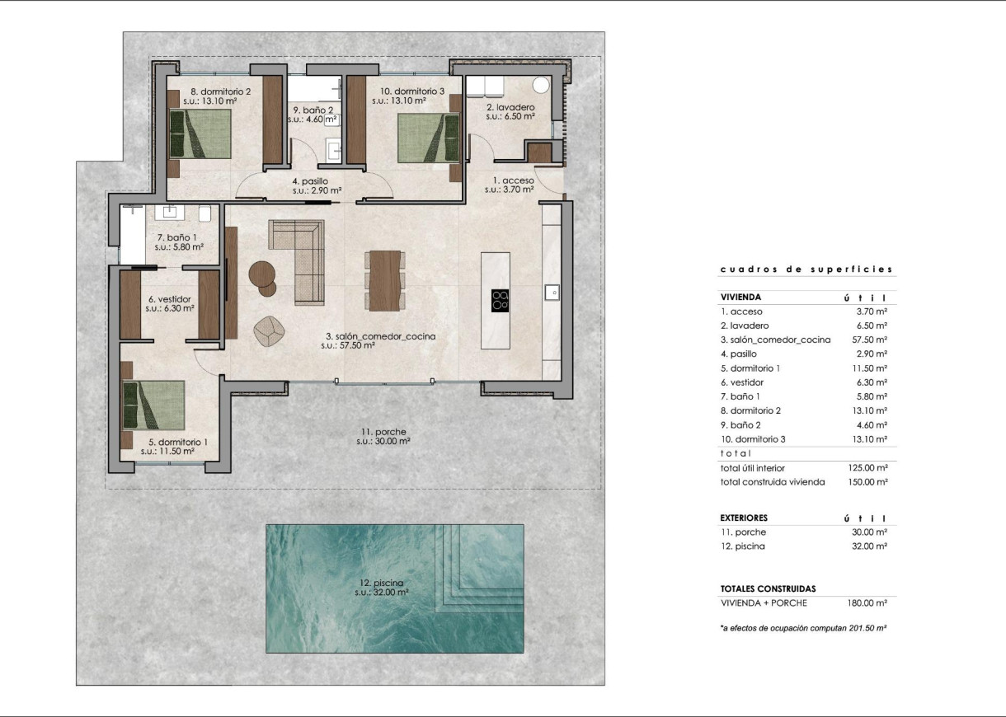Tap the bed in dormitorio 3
point(428,137)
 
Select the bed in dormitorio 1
point(154,404)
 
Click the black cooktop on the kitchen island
point(500,300)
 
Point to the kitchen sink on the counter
point(552,291)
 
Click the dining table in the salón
point(383,279)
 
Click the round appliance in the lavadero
point(543,84)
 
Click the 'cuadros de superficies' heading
point(806,269)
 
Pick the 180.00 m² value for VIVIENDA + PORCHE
point(868,603)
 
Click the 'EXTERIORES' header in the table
point(744,518)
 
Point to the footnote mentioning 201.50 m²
point(803,628)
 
